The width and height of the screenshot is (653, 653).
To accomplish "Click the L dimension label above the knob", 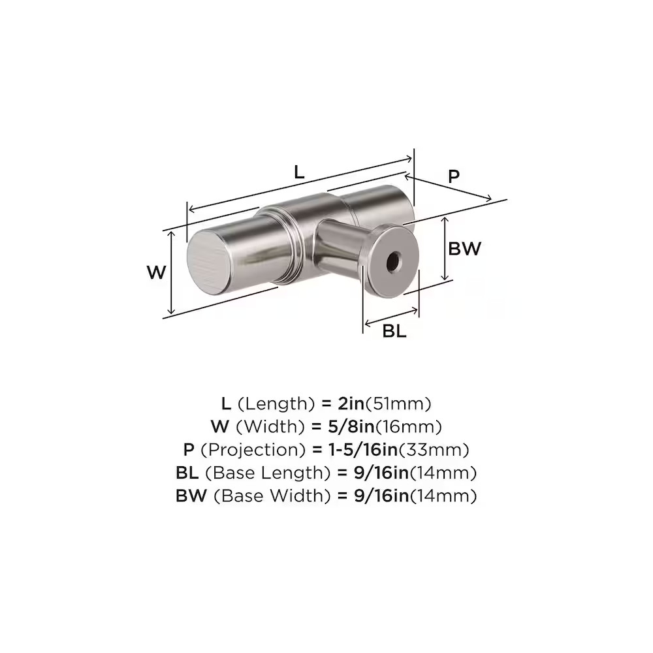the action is pos(299,172).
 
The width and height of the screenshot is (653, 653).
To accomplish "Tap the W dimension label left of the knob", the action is pos(157,272).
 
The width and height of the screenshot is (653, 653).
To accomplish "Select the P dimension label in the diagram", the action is pos(454,176).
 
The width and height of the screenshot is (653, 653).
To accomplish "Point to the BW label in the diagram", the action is pos(464,249).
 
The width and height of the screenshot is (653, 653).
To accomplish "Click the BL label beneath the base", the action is pos(394,332).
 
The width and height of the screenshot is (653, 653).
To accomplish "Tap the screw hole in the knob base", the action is pos(392,263).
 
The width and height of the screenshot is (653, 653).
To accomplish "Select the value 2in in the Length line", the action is pos(351,404).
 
